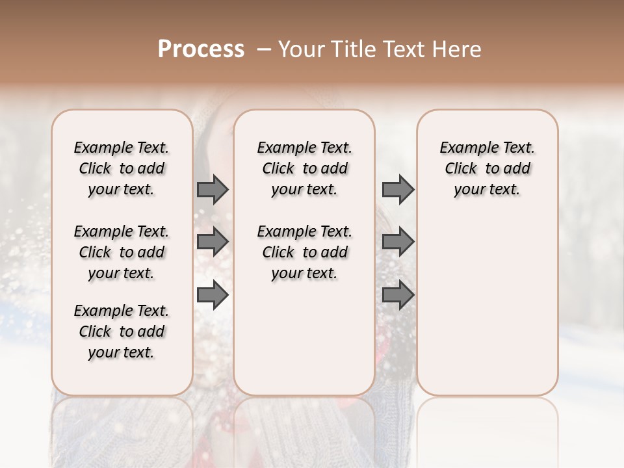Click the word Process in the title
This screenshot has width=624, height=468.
(x=201, y=49)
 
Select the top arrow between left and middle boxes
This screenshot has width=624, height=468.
(x=213, y=189)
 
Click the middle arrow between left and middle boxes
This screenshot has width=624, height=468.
(x=213, y=242)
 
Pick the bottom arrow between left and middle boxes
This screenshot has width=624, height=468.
(x=213, y=296)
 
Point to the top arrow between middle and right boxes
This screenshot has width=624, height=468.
(x=398, y=189)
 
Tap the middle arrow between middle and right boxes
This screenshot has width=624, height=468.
(x=398, y=242)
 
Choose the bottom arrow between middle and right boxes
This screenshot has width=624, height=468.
(x=398, y=296)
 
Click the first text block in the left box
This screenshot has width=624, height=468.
(x=122, y=168)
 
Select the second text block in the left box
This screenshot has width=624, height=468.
(x=122, y=252)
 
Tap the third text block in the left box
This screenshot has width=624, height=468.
(x=122, y=331)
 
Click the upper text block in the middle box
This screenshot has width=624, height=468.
(x=304, y=168)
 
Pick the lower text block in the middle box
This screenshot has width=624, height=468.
(x=304, y=252)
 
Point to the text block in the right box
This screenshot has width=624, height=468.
(x=487, y=168)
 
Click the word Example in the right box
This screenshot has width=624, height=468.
(x=464, y=148)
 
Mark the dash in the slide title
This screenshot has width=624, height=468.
(x=264, y=49)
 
